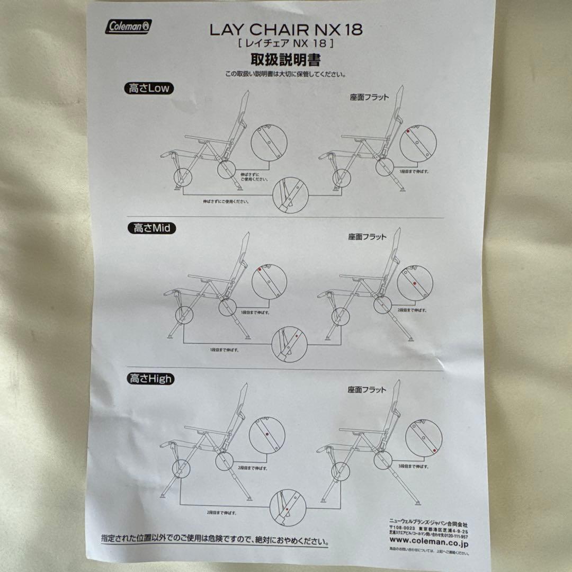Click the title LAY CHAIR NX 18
(x=286, y=30)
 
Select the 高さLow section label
(x=149, y=88)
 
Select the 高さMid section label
(x=152, y=228)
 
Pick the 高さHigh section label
(x=150, y=379)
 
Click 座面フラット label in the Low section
(x=369, y=97)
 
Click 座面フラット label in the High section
(x=368, y=390)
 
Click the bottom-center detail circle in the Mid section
(x=289, y=344)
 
